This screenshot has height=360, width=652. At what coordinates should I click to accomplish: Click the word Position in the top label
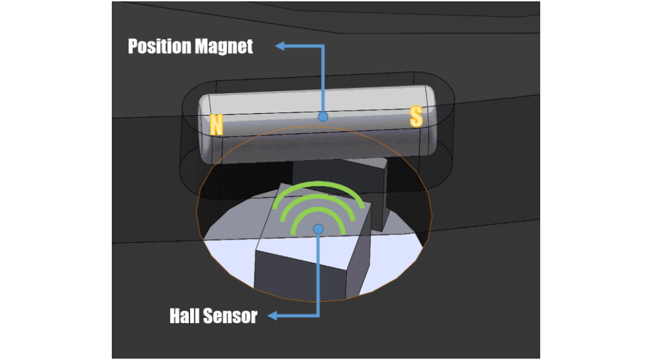click(159, 46)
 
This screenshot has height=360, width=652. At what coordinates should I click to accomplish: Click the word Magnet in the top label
click(224, 46)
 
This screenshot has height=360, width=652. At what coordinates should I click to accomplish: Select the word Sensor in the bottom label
click(230, 316)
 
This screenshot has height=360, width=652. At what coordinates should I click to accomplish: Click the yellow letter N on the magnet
click(216, 124)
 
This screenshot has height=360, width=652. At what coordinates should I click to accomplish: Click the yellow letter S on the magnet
click(416, 116)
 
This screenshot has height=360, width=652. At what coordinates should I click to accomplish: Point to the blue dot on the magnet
click(323, 117)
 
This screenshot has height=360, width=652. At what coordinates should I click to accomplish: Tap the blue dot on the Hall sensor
click(319, 229)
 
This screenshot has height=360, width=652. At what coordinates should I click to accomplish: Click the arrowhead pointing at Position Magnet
click(280, 46)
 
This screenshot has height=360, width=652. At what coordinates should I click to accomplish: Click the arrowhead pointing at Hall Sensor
click(272, 316)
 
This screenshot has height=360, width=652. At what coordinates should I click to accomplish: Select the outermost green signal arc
click(318, 184)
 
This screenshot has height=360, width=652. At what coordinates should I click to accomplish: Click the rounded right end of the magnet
click(430, 120)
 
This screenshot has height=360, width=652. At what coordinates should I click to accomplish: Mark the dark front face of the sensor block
click(299, 274)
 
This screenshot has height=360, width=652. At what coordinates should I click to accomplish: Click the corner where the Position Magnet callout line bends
click(323, 46)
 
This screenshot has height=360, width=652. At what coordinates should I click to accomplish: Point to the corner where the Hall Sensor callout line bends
click(319, 316)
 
